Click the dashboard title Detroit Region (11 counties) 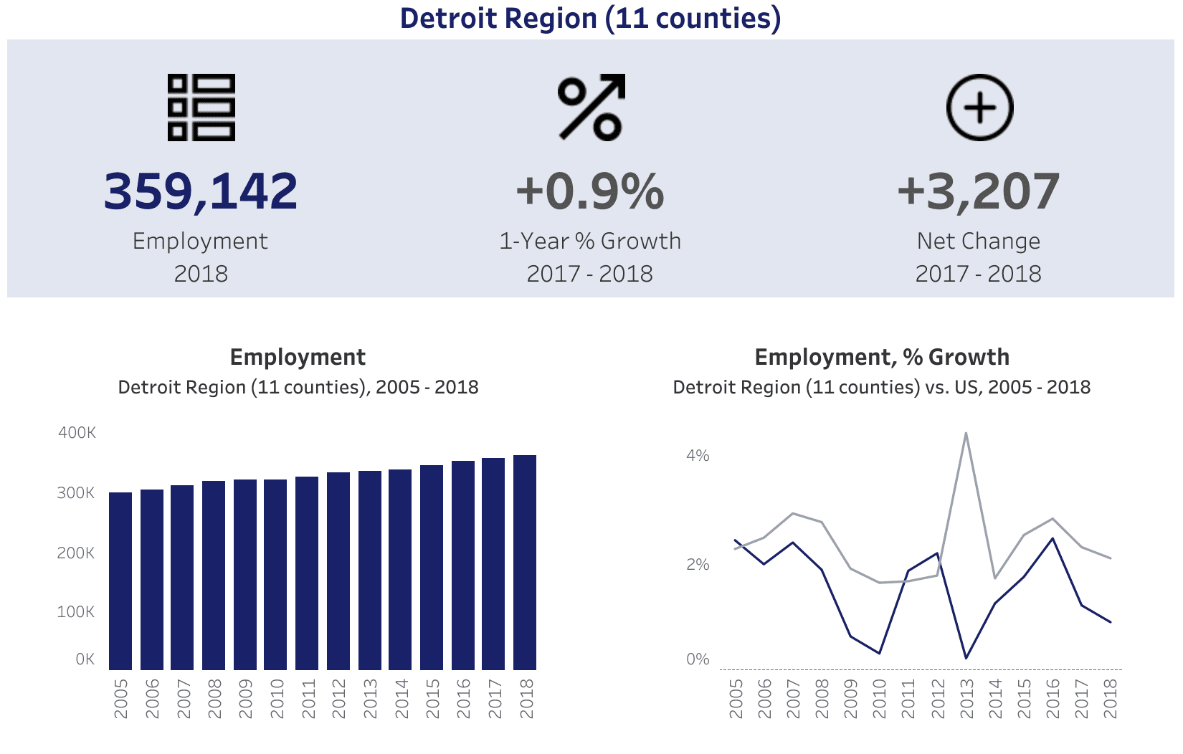coord(590,19)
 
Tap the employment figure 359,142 coord(201,191)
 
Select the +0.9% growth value coord(590,191)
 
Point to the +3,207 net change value coord(978,191)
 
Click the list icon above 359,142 coord(201,108)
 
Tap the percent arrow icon coord(591,108)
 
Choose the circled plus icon coord(979,108)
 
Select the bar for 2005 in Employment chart coord(120,581)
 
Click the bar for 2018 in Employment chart coord(525,563)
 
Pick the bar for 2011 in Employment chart coord(307,573)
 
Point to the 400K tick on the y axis coord(77,433)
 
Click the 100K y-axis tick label coord(76,612)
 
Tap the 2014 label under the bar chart coord(401,699)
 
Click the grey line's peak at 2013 coord(966,433)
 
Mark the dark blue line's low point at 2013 coord(966,657)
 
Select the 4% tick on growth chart coord(698,456)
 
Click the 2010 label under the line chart coord(880,699)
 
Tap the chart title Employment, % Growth coord(882,357)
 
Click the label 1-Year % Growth coord(590,241)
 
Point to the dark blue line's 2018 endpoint coord(1111,621)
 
